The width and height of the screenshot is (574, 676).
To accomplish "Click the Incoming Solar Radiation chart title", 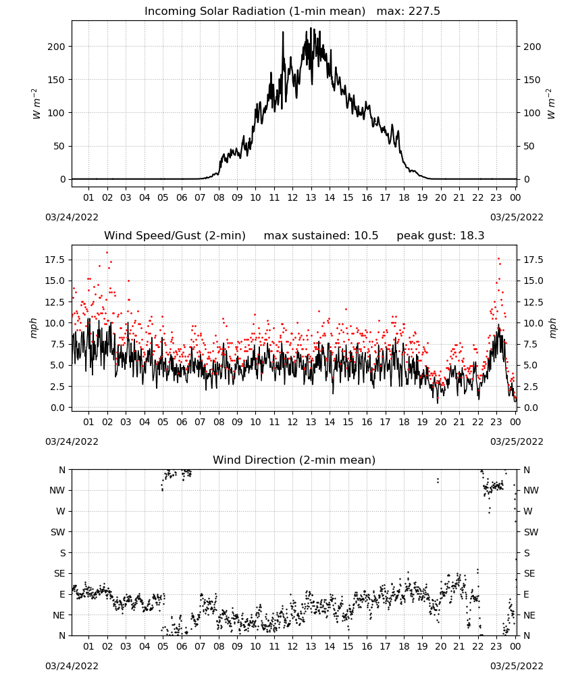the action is [x=255, y=11].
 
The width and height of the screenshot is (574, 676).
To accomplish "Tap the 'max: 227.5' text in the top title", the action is [x=409, y=11].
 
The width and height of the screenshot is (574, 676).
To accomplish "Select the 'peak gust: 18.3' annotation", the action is [x=440, y=235].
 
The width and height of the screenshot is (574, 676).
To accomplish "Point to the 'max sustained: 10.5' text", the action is [x=321, y=235].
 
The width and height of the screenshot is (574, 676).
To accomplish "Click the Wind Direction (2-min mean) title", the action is [x=294, y=460].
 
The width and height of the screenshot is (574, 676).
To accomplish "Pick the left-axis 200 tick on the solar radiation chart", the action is [x=57, y=47].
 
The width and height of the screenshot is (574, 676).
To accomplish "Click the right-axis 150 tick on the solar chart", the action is [x=532, y=80].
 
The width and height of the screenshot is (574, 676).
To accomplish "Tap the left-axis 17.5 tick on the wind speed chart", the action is [x=55, y=260].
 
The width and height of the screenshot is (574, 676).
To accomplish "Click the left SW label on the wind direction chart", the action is [x=58, y=532].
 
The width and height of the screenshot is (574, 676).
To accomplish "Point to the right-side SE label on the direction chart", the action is [x=529, y=573].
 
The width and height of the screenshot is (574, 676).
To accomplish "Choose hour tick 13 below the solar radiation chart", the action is [x=311, y=197].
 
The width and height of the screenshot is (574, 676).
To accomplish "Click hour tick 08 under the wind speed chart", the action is [x=219, y=422].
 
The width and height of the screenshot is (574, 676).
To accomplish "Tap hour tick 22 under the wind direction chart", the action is [x=478, y=646].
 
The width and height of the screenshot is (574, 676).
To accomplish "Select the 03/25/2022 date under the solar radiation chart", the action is [x=517, y=217].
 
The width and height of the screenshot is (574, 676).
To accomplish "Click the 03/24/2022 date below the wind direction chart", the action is [x=72, y=666].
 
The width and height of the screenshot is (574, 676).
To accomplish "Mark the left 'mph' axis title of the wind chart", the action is [x=34, y=328].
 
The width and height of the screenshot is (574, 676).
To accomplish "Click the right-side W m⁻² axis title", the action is [x=551, y=104].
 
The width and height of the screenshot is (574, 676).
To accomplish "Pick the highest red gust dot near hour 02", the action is [x=107, y=253].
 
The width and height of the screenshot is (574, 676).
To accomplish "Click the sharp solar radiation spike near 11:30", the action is [x=284, y=32].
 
